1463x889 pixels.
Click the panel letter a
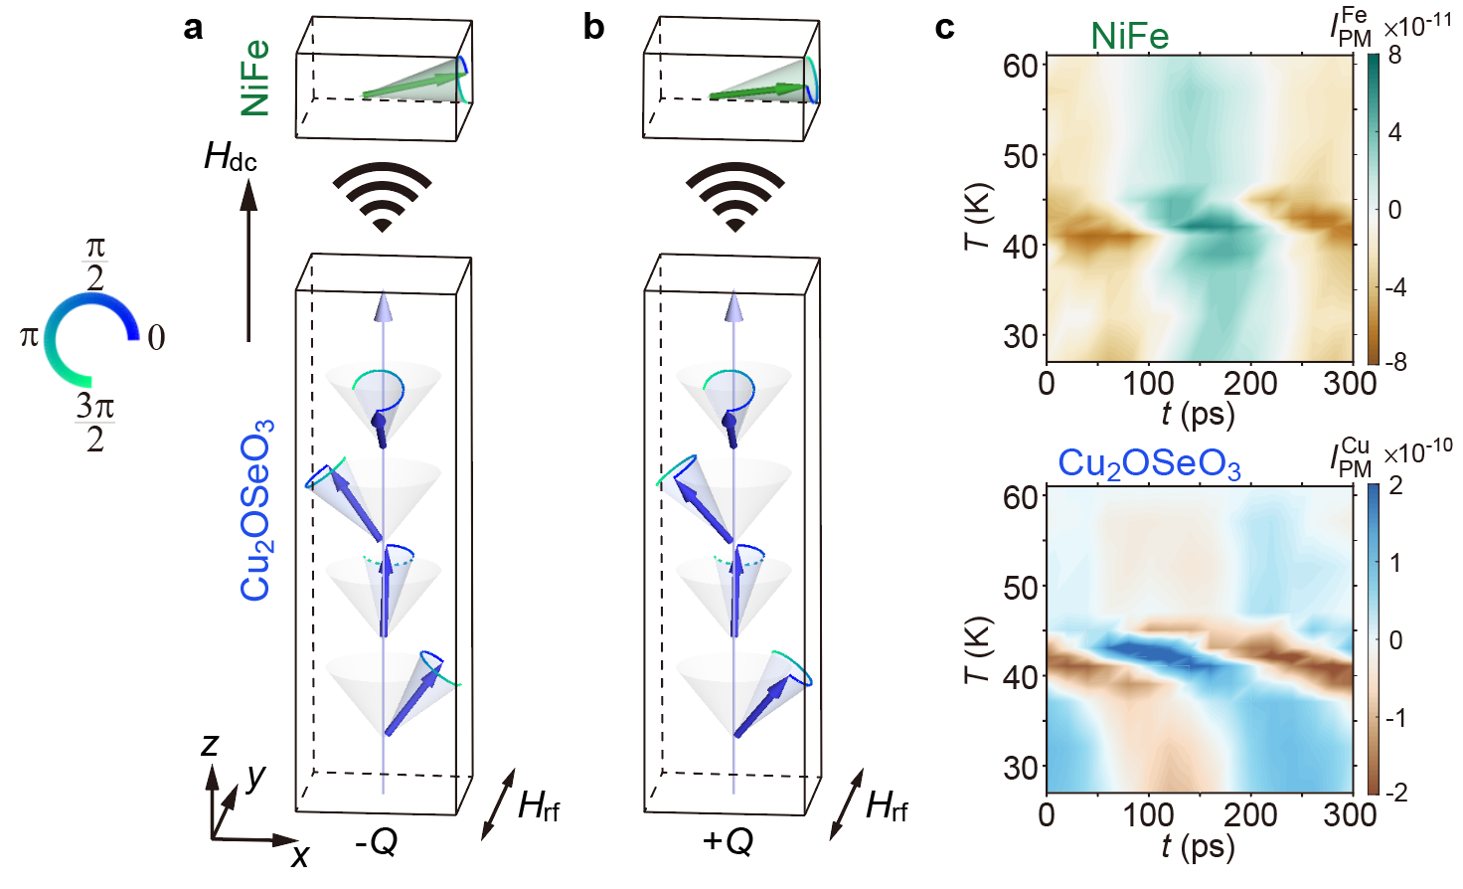pyautogui.click(x=193, y=28)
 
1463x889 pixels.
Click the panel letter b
pyautogui.click(x=593, y=28)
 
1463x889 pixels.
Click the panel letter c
pyautogui.click(x=944, y=28)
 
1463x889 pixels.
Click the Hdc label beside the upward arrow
pyautogui.click(x=231, y=157)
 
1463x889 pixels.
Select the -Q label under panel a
pyautogui.click(x=377, y=842)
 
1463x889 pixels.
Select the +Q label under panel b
pyautogui.click(x=728, y=842)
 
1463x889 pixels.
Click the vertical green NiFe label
pyautogui.click(x=254, y=78)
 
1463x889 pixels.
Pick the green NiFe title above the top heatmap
pyautogui.click(x=1129, y=37)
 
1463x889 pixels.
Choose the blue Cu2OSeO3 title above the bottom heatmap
pyautogui.click(x=1149, y=464)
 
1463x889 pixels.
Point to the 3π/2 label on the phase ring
pyautogui.click(x=95, y=422)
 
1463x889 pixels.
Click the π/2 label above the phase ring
pyautogui.click(x=95, y=263)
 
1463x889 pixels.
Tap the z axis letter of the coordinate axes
pyautogui.click(x=210, y=744)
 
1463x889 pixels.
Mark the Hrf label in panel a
pyautogui.click(x=539, y=805)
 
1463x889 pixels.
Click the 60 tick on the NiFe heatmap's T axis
pyautogui.click(x=1020, y=67)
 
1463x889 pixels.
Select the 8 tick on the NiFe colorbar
pyautogui.click(x=1394, y=56)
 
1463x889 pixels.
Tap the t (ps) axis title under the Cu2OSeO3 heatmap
pyautogui.click(x=1198, y=846)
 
